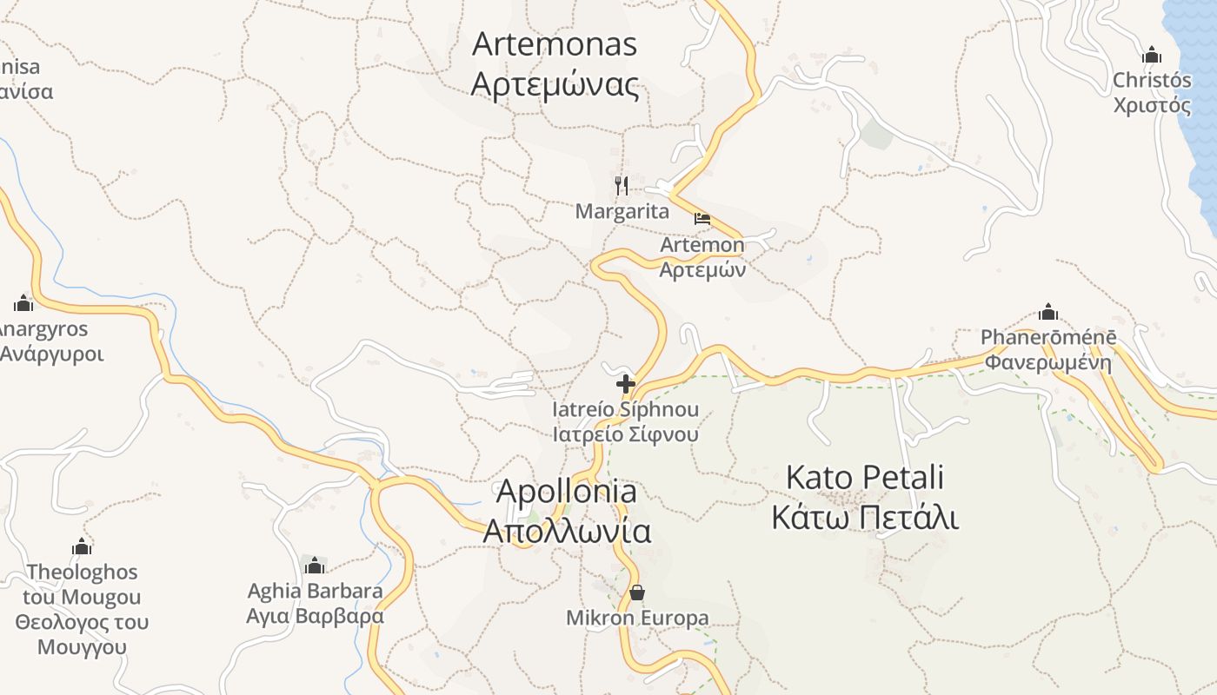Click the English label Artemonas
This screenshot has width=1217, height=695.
pyautogui.click(x=555, y=44)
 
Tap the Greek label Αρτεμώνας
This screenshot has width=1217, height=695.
pyautogui.click(x=555, y=85)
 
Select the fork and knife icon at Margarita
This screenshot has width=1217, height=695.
pyautogui.click(x=622, y=186)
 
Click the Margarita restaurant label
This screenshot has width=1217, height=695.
pyautogui.click(x=622, y=211)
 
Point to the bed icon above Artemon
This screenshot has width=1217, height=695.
pyautogui.click(x=702, y=219)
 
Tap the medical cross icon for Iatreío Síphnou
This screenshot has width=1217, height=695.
pyautogui.click(x=625, y=383)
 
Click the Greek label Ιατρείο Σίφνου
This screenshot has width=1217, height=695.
pyautogui.click(x=626, y=434)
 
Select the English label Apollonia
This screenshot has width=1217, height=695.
pyautogui.click(x=566, y=492)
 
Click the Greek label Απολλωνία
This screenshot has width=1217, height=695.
pyautogui.click(x=567, y=531)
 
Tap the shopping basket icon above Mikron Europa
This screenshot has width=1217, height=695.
pyautogui.click(x=637, y=592)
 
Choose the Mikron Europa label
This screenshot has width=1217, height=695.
pyautogui.click(x=637, y=618)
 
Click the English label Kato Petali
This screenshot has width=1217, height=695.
pyautogui.click(x=865, y=477)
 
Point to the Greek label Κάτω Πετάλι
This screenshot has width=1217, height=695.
pyautogui.click(x=865, y=518)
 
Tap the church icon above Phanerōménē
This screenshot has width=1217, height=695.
pyautogui.click(x=1048, y=312)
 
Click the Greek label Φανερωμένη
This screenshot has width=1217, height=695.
pyautogui.click(x=1048, y=362)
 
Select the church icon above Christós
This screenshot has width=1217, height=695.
pyautogui.click(x=1152, y=55)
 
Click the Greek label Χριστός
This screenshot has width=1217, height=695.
pyautogui.click(x=1153, y=105)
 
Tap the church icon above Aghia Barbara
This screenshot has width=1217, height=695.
pyautogui.click(x=315, y=566)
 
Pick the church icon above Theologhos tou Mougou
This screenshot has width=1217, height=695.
pyautogui.click(x=82, y=546)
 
